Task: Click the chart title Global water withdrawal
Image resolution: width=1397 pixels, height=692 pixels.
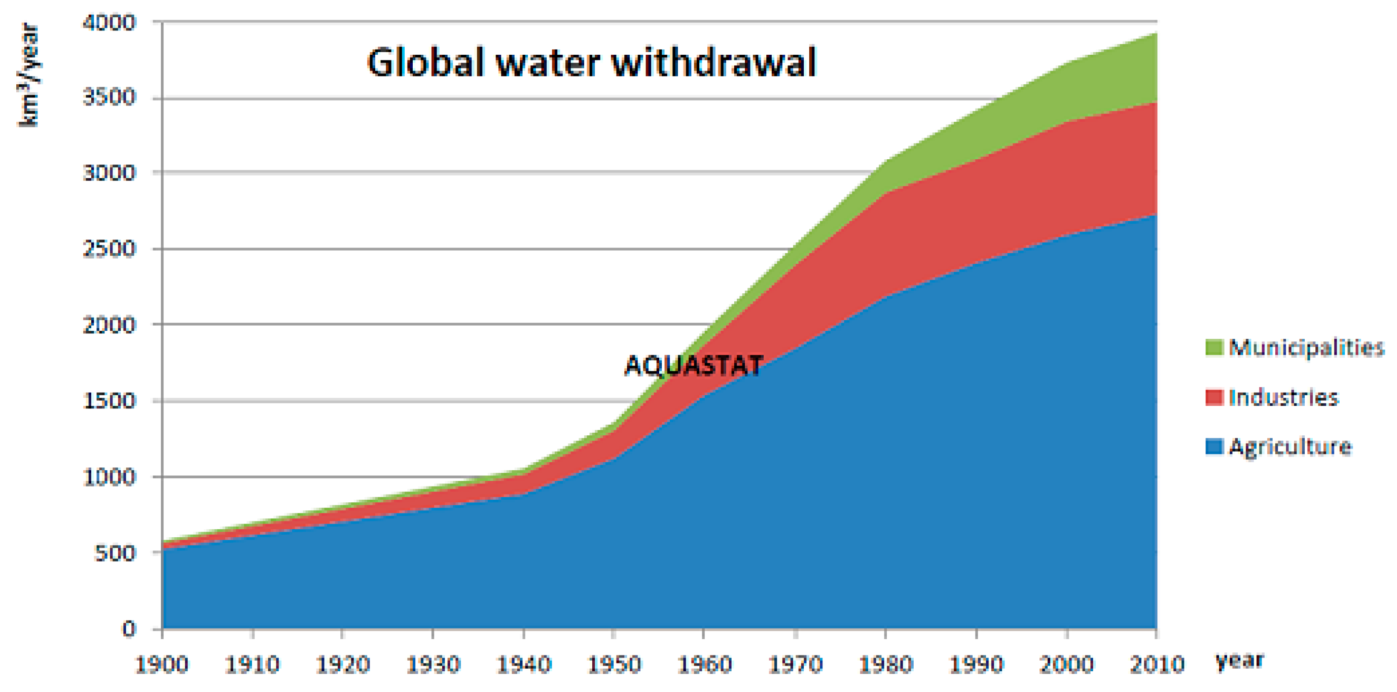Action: [591, 62]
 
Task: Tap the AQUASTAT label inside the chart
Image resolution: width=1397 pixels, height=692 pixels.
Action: [694, 365]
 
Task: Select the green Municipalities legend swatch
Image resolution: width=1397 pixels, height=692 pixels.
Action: [1214, 348]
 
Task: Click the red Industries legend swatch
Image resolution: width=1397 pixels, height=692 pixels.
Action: [1214, 397]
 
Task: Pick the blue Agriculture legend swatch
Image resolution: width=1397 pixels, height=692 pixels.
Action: [1214, 446]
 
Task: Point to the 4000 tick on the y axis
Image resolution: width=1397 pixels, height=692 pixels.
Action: [109, 23]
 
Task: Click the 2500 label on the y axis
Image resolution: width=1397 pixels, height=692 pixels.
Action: [109, 249]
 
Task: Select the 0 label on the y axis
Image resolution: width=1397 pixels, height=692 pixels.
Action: [128, 629]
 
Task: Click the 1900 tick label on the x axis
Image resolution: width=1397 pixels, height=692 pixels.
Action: [162, 664]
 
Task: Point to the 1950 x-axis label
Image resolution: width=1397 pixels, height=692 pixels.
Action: [614, 664]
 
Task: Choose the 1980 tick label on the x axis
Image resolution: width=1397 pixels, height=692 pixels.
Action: [885, 664]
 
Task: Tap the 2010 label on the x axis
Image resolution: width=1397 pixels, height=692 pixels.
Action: [1157, 664]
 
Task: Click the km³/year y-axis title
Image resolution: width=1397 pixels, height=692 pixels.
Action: [28, 75]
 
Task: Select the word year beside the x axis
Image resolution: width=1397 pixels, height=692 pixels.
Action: [1240, 661]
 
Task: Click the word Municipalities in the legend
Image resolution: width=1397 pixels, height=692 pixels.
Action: [1306, 348]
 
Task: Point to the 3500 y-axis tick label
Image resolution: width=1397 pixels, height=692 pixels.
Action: [109, 98]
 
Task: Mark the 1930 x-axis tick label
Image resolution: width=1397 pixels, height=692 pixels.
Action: [433, 664]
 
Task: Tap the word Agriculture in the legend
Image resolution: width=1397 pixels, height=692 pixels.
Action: [1290, 446]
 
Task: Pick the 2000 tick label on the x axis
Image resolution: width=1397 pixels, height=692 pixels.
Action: [1066, 664]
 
